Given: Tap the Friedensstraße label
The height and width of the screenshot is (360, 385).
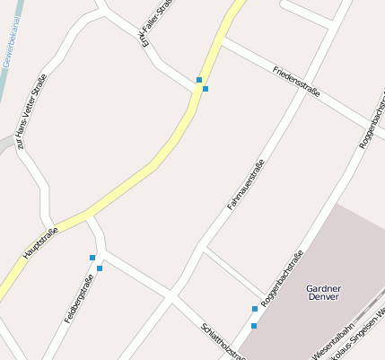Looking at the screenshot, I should (x=297, y=82).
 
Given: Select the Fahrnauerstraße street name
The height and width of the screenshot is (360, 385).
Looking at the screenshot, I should (x=245, y=185).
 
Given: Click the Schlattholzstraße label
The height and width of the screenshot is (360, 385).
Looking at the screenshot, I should (x=223, y=341).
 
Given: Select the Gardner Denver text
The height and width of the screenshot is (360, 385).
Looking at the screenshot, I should (x=323, y=294).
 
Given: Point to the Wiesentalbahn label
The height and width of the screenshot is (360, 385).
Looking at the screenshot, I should (x=334, y=343).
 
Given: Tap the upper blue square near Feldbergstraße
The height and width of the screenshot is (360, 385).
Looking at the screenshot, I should (x=92, y=258).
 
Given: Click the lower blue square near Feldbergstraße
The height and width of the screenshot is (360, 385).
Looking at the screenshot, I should (x=100, y=268).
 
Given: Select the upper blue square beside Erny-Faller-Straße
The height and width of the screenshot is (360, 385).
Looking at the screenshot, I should (x=199, y=80).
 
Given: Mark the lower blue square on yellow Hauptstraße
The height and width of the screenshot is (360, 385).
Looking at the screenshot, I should (x=206, y=89).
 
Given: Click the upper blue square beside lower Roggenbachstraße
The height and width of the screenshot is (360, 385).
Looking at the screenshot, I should (x=254, y=310).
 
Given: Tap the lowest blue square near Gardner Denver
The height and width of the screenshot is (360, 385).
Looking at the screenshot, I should (x=254, y=326).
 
